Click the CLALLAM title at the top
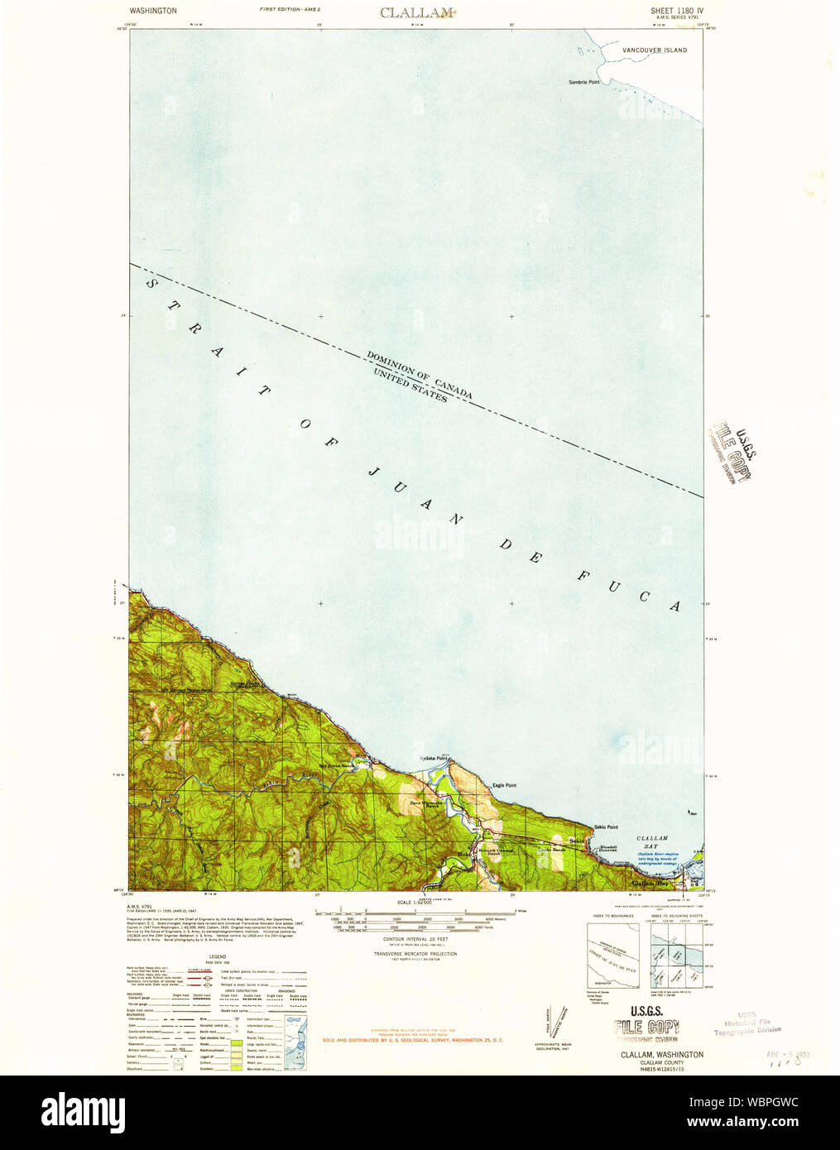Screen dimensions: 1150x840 pos(417,12)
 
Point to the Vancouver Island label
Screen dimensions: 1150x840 pos(655,50)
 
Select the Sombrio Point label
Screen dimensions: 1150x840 pos(583,82)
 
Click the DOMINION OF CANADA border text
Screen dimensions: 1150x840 pos(420,374)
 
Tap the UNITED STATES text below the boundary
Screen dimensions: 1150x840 pos(410,386)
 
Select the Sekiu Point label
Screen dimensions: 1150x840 pos(606,827)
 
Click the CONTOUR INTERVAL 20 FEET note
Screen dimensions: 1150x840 pos(415,939)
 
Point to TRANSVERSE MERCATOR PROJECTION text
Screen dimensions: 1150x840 pos(415,954)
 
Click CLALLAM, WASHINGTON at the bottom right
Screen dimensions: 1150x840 pos(662,1055)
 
